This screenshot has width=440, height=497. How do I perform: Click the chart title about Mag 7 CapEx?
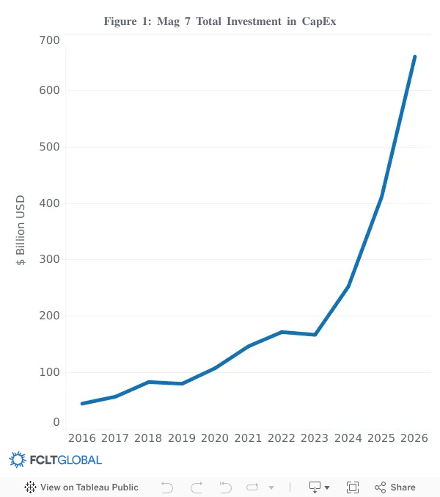(x=220, y=21)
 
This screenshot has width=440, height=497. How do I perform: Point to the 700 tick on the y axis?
(x=49, y=40)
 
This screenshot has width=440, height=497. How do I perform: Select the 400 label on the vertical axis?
(x=49, y=203)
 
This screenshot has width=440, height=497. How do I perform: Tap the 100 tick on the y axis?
(x=49, y=372)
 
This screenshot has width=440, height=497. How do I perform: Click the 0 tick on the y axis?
(x=56, y=422)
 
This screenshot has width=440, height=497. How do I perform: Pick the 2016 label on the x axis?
(x=82, y=438)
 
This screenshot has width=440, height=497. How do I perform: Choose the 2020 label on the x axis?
(x=215, y=438)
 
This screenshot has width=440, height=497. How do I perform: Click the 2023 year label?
(x=315, y=438)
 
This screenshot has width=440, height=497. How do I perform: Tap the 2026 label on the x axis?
(x=414, y=438)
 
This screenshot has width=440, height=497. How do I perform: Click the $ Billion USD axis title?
(x=21, y=230)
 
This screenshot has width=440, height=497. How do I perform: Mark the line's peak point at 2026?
(x=414, y=57)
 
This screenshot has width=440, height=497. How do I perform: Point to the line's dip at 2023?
(x=315, y=335)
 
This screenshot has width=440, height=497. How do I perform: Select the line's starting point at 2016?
(x=82, y=404)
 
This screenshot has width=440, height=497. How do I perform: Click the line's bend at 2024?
(x=348, y=286)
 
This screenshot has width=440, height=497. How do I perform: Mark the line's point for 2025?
(x=381, y=197)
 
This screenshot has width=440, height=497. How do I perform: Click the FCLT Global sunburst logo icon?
(x=18, y=460)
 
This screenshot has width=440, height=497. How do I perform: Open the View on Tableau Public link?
(x=81, y=487)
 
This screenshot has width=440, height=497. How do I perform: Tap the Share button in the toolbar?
(x=395, y=487)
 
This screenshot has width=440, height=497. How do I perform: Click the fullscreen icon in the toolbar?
(x=353, y=487)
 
